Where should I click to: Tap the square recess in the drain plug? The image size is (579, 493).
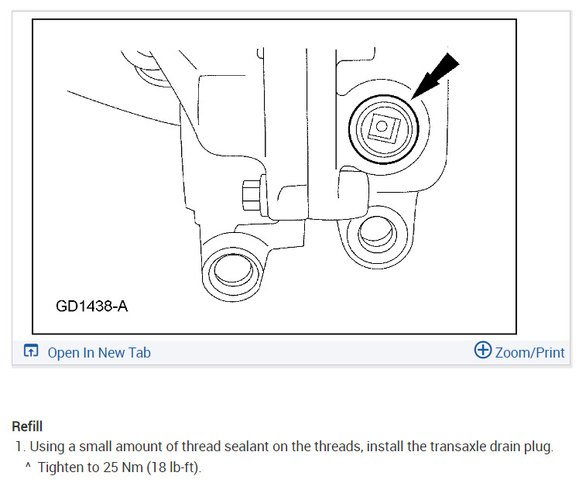pos(382,126)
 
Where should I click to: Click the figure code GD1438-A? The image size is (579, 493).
pos(91,306)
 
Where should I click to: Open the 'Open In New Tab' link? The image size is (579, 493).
pos(99,353)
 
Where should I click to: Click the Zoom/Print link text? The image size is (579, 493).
pos(530,353)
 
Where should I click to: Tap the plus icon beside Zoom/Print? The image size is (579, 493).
pos(482,351)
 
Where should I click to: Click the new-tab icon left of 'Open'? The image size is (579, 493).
pos(30,352)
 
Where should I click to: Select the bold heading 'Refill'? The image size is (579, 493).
pos(27,426)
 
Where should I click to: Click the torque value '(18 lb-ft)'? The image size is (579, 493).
pos(170,467)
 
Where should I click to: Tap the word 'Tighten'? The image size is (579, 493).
pos(60,467)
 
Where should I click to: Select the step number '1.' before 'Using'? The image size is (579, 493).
pos(20,447)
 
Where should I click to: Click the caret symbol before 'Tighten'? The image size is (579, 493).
pos(28,467)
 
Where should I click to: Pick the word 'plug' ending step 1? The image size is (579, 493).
pos(540,447)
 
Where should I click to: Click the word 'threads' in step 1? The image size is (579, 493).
pos(337,447)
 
